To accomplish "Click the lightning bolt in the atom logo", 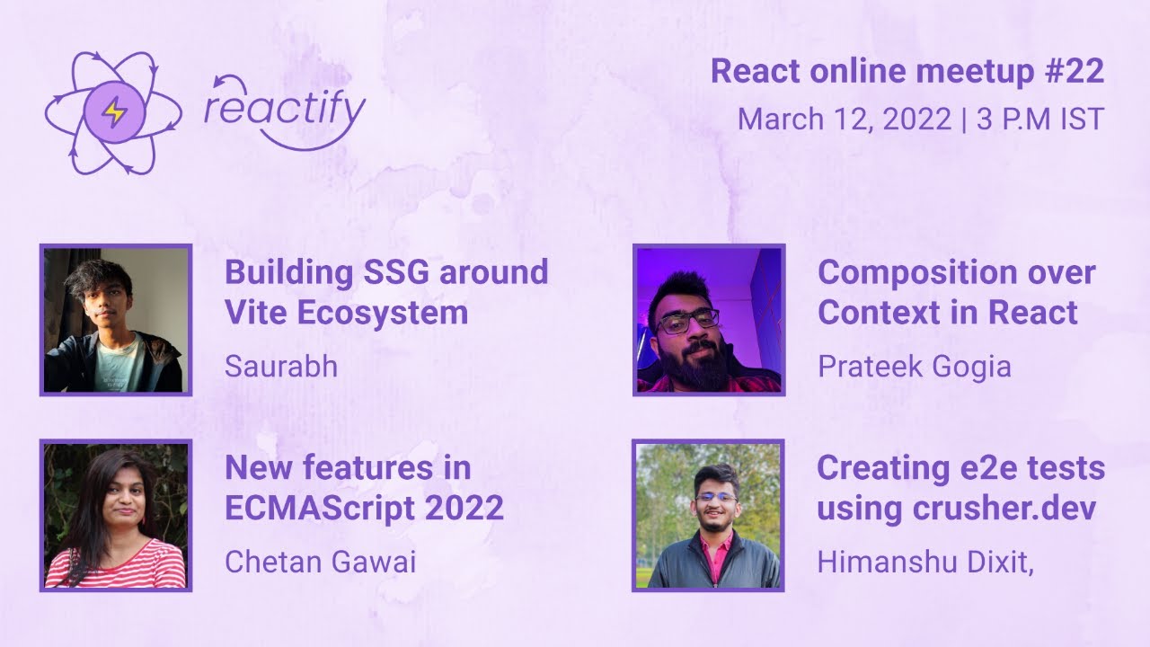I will [x=113, y=111].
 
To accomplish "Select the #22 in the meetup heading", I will [x=1075, y=72].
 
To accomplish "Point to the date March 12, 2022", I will [x=844, y=120].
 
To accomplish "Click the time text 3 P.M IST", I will [x=1039, y=120].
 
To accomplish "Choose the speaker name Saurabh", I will [x=281, y=367].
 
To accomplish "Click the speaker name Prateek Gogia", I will [x=914, y=367].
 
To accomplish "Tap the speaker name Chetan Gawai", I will [x=320, y=562].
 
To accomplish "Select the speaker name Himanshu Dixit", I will [x=922, y=562].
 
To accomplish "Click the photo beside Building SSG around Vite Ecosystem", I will [x=116, y=320].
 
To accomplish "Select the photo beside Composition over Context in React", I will [x=708, y=320].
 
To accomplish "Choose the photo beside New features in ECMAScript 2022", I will [x=116, y=516].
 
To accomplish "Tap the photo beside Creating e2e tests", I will [x=708, y=516].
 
